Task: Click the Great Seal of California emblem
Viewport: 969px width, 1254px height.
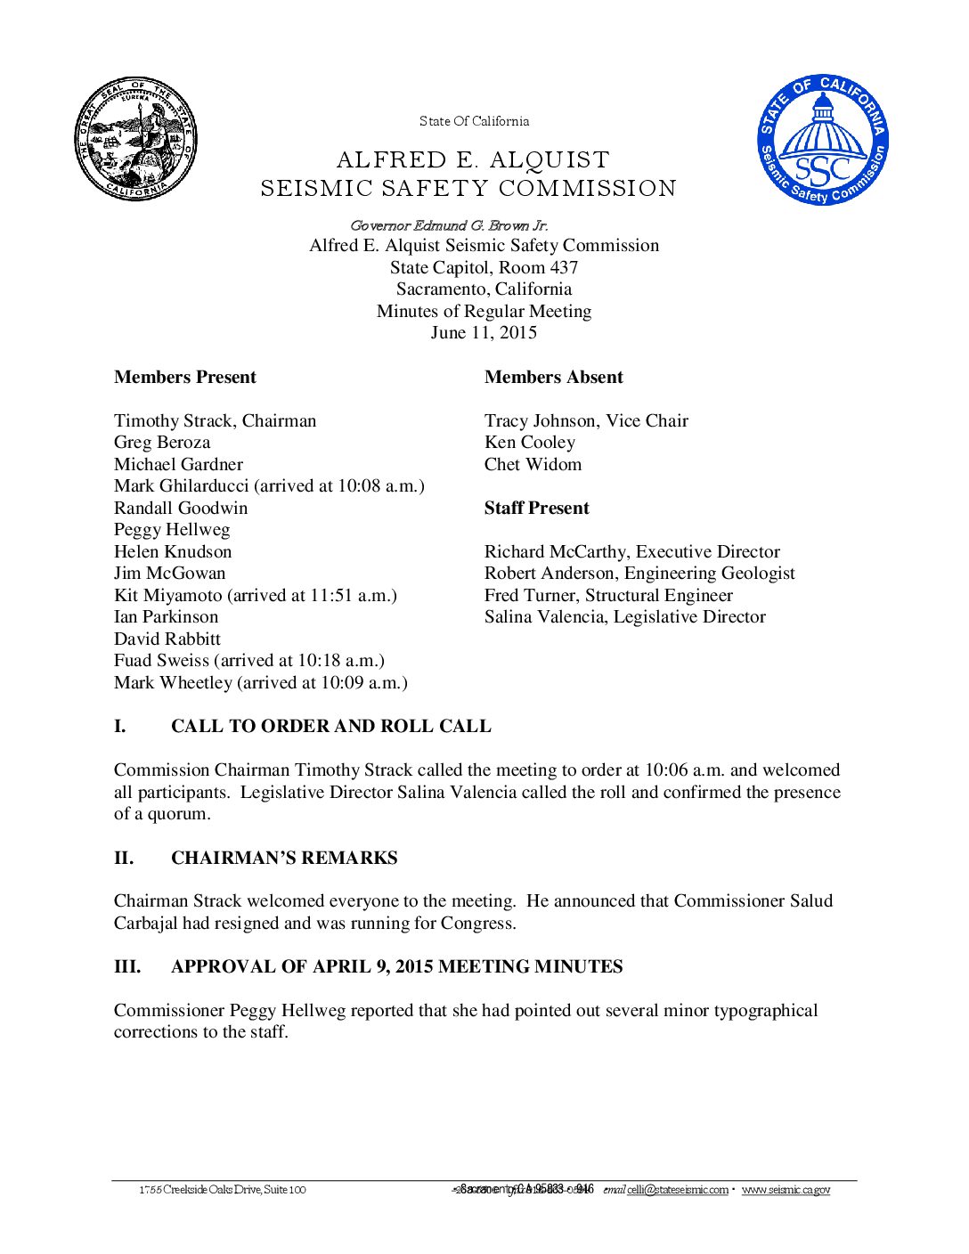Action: point(135,139)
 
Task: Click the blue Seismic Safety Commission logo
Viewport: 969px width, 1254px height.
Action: point(823,139)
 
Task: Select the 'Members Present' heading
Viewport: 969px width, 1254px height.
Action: point(184,378)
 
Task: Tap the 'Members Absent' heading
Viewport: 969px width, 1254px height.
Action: point(553,378)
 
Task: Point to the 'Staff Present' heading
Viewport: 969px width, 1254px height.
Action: point(536,509)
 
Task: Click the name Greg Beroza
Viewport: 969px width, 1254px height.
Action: point(162,443)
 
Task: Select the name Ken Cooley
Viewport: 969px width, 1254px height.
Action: point(529,443)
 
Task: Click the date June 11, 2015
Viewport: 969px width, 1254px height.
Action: point(484,333)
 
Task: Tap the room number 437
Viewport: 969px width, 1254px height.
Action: point(563,268)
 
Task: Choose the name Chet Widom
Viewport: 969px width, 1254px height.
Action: point(533,465)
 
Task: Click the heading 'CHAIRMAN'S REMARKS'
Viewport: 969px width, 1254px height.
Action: point(284,859)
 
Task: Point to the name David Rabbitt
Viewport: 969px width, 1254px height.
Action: point(167,639)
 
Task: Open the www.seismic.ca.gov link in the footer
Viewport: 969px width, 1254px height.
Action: point(786,1190)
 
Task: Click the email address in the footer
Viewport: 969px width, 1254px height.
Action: point(677,1190)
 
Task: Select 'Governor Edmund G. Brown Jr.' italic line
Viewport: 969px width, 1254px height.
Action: point(449,226)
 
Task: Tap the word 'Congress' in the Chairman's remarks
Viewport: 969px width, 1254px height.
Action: point(481,924)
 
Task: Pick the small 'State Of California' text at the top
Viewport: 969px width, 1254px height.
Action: point(474,121)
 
